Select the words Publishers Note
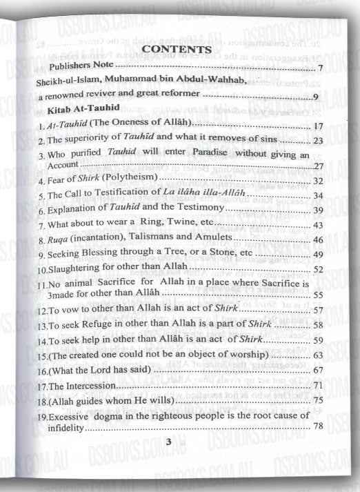pyautogui.click(x=80, y=66)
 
